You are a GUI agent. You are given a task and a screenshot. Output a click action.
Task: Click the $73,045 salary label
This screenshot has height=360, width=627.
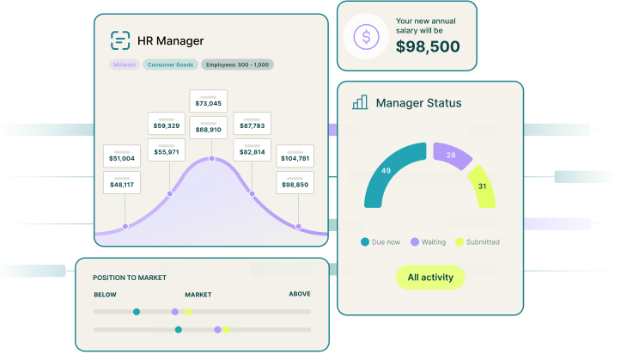coord(208,103)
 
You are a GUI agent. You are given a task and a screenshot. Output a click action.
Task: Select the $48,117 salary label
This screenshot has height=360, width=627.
coord(121,185)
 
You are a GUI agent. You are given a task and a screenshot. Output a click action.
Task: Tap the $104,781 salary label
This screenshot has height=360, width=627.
coord(295,159)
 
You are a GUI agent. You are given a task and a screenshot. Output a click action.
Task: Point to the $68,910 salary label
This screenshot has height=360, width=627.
coord(208,130)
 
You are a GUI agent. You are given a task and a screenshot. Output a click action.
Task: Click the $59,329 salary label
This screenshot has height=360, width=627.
coord(167,126)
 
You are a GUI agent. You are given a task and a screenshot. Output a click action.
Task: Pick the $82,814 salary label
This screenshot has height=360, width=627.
coord(252,152)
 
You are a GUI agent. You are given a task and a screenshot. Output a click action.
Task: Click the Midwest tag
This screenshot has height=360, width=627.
coord(124,64)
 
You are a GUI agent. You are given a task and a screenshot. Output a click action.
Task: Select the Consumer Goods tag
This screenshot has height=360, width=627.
coord(170,64)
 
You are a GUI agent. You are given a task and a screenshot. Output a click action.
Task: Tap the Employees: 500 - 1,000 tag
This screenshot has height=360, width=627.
coord(237,64)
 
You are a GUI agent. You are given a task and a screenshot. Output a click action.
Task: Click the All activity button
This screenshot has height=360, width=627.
coord(429,278)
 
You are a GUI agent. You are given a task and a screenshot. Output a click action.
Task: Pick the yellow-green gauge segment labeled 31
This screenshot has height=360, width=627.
coord(483,186)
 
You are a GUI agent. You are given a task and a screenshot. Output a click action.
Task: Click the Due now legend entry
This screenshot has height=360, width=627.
coord(381,242)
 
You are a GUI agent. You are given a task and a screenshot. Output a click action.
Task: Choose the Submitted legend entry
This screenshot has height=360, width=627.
coord(478,242)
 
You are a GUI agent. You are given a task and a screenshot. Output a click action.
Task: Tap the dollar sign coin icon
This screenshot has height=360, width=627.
coord(367,37)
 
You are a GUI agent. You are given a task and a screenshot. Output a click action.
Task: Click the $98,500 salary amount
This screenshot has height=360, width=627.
coord(428,46)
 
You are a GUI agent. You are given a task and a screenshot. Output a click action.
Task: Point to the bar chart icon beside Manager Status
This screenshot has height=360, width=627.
coord(360,102)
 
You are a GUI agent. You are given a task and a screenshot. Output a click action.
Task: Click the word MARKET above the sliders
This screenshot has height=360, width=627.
coord(198,295)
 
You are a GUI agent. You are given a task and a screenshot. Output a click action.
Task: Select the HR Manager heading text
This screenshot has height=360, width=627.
coord(170,40)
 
